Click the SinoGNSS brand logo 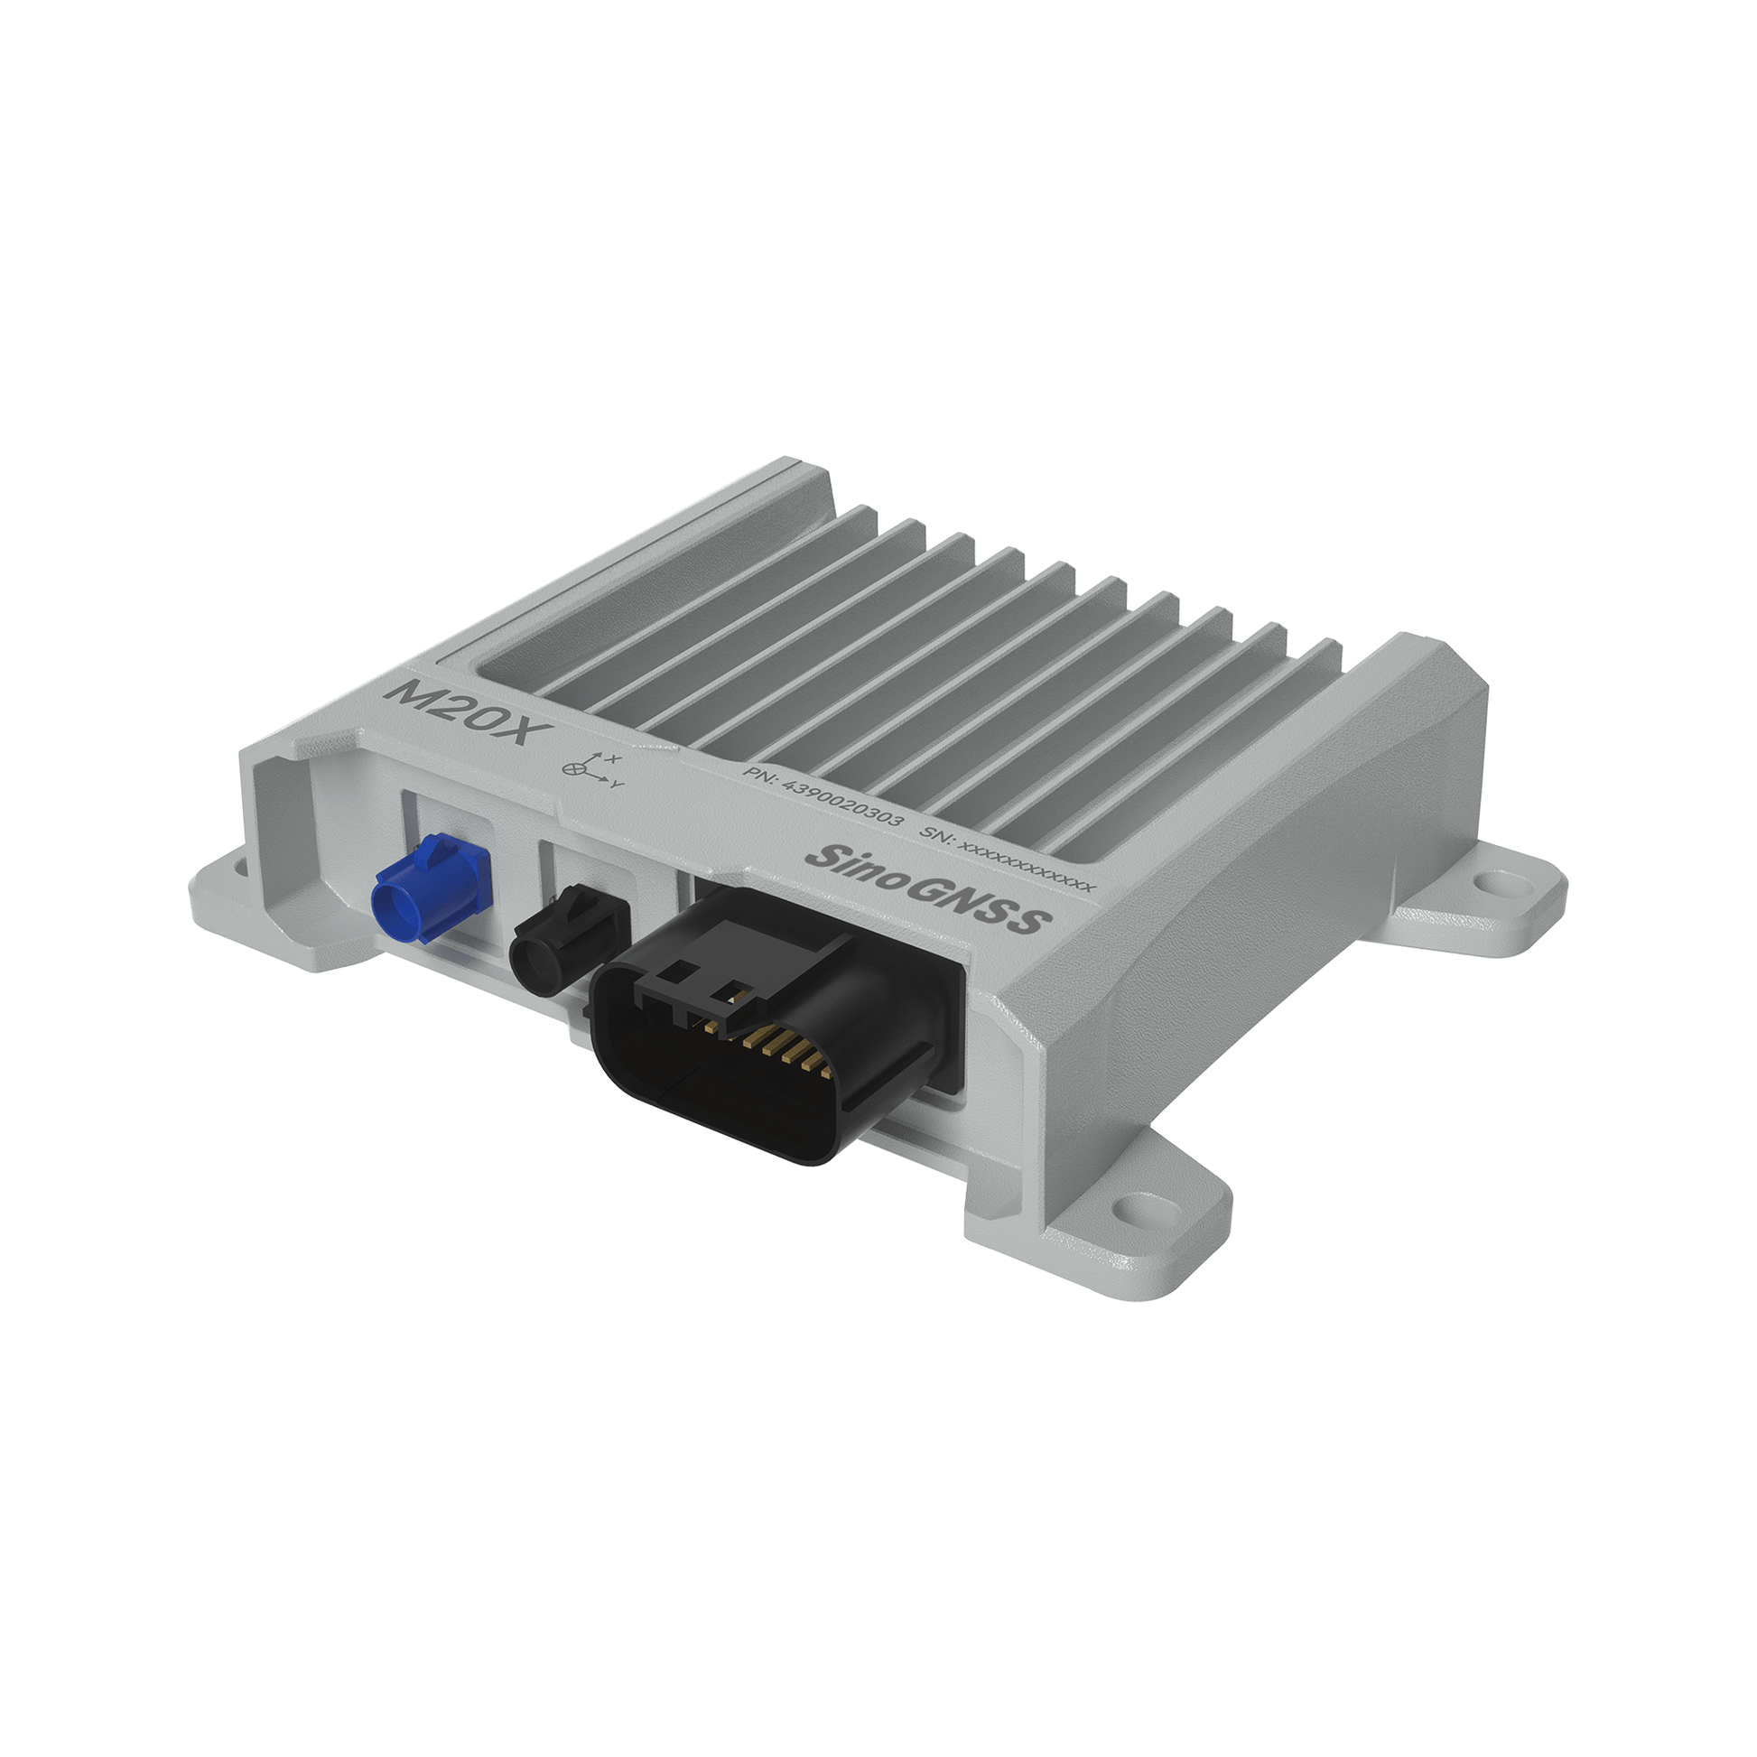927,888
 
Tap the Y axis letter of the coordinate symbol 618,784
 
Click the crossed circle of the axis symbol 573,769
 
